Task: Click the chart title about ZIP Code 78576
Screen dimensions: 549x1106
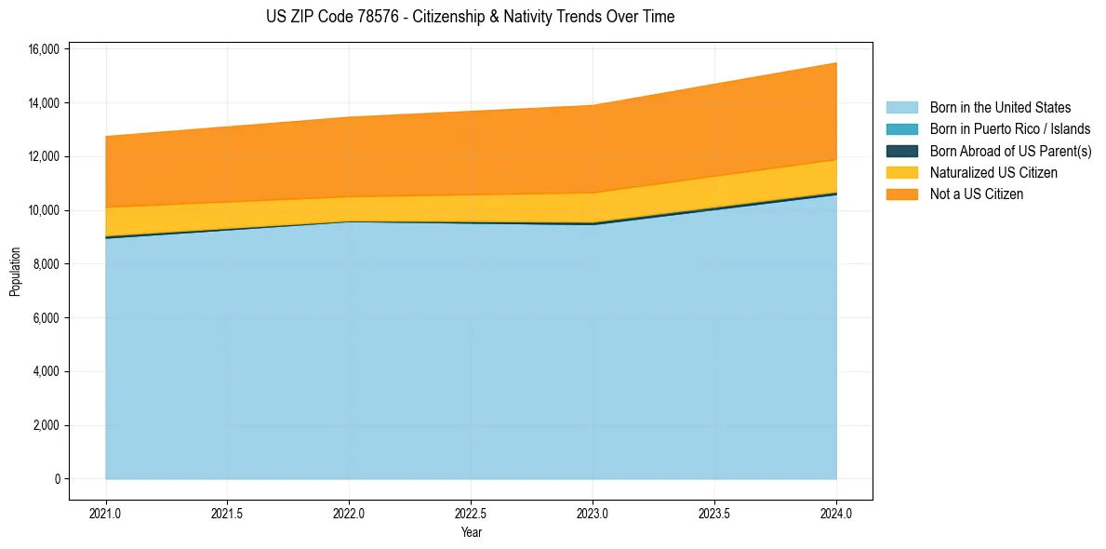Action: (x=470, y=17)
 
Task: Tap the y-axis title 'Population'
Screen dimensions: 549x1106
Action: (x=15, y=272)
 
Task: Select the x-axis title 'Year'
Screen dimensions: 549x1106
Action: (x=472, y=532)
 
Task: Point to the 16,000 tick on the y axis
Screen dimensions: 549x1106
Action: (x=46, y=48)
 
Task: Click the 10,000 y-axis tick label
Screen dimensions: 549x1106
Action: (x=46, y=210)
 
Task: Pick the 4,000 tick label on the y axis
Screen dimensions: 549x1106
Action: (x=48, y=372)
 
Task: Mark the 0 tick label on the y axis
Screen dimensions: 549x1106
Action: (x=58, y=479)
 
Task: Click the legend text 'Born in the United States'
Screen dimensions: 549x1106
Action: (x=1000, y=108)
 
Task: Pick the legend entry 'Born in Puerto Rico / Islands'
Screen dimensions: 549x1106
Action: (x=1010, y=129)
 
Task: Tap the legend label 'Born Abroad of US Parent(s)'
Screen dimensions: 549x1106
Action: (x=1010, y=151)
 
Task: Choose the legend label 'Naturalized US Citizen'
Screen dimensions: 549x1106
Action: (x=993, y=172)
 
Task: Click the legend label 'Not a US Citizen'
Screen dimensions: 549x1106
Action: (x=977, y=194)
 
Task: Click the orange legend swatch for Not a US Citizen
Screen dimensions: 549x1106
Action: (x=901, y=194)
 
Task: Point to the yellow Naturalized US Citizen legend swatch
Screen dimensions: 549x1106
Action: (x=901, y=172)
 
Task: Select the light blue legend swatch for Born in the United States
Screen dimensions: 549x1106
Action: (x=901, y=108)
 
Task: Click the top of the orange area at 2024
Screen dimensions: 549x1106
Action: (x=836, y=63)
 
